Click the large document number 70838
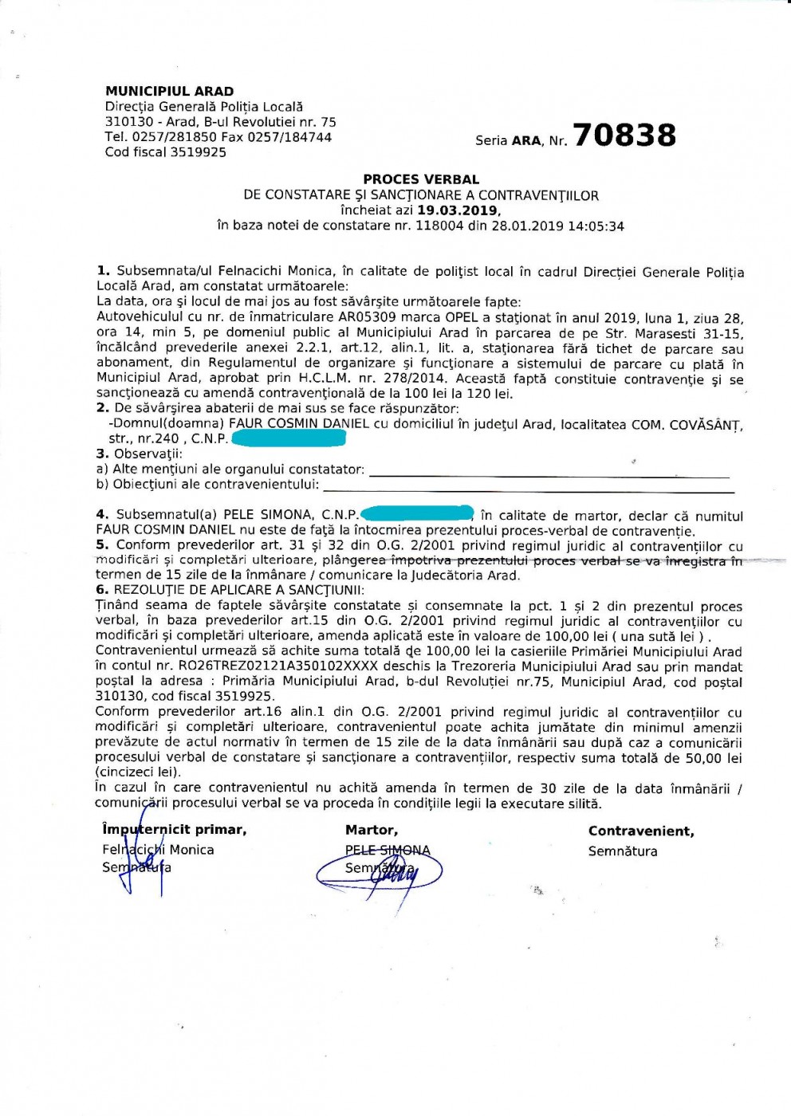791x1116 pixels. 624,136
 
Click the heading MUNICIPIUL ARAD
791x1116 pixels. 169,91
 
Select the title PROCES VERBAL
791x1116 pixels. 421,179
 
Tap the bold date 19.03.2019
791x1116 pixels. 458,210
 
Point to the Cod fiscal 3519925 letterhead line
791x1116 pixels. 166,152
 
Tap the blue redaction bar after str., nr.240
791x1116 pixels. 289,438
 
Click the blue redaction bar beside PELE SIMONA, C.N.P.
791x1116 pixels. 418,514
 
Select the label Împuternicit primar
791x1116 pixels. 174,830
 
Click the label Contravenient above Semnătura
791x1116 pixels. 641,831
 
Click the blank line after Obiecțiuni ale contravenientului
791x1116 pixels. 526,485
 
